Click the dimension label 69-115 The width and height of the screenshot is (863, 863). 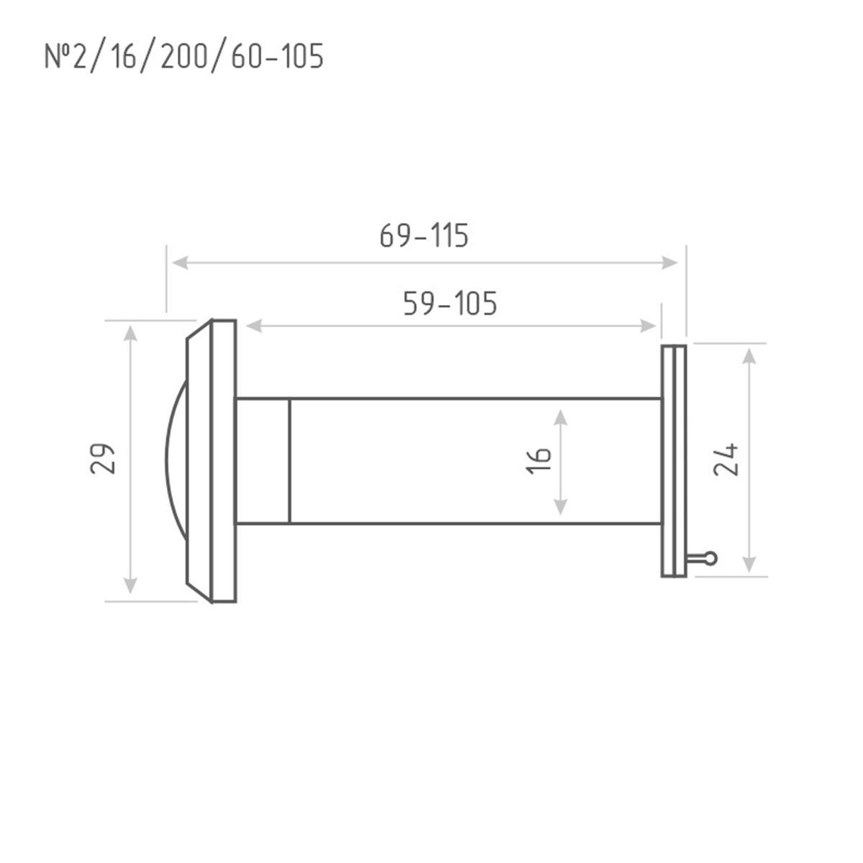coord(424,236)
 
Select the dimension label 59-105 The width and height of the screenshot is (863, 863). coord(450,303)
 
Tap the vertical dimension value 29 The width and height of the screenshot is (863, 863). coord(103,459)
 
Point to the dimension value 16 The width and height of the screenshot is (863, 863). coord(539,460)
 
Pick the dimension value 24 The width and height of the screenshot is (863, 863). coord(725,460)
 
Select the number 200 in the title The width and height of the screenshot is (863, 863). coord(183,56)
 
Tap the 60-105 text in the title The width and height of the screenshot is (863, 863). coord(277,56)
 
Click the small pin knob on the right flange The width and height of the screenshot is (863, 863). coord(711,559)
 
